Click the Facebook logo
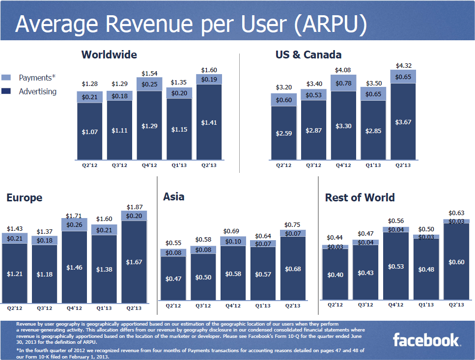(426, 340)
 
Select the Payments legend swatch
(6, 78)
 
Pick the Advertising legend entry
(37, 91)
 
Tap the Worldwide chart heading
(109, 55)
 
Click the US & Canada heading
(308, 55)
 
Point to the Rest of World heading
(360, 197)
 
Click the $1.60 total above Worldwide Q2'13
(209, 70)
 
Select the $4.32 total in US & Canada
(404, 65)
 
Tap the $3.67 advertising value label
(404, 122)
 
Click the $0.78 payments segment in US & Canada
(343, 83)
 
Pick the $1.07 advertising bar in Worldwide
(89, 131)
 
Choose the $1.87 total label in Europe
(134, 207)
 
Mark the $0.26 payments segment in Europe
(74, 224)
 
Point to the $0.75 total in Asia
(293, 224)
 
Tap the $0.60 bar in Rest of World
(456, 262)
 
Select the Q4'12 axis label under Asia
(233, 305)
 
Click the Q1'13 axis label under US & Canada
(373, 166)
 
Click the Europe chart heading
(24, 197)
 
